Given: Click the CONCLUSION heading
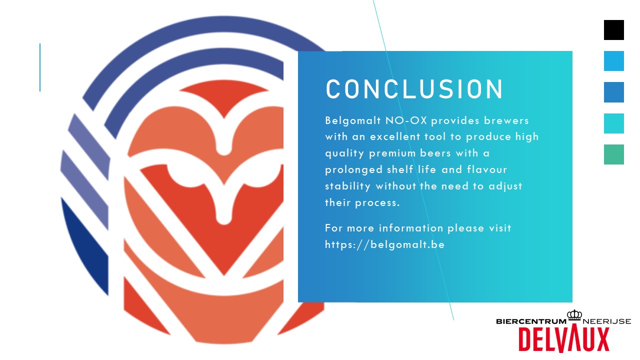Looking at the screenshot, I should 414,89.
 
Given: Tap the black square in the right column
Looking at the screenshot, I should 613,30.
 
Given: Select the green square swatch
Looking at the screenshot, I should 613,154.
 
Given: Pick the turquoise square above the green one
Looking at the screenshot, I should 613,123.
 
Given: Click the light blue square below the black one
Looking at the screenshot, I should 613,61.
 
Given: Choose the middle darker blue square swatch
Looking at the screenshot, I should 613,92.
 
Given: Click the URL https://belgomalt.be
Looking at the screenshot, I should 384,244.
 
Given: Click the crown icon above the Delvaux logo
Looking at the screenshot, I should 574,315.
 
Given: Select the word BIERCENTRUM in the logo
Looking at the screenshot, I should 530,321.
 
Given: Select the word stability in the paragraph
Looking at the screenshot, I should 348,186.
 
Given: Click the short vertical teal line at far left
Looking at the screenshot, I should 40,67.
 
